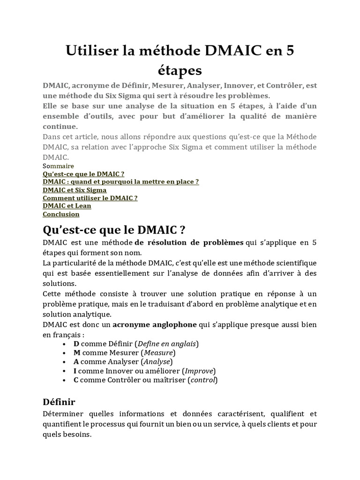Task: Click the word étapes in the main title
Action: pyautogui.click(x=180, y=70)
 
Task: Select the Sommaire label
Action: pyautogui.click(x=58, y=166)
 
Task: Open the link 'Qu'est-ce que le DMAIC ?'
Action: pyautogui.click(x=83, y=174)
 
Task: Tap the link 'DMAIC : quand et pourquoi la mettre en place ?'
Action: pyautogui.click(x=121, y=182)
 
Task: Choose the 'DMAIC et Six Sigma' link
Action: pyautogui.click(x=75, y=190)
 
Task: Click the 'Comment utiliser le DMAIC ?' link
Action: pyautogui.click(x=90, y=198)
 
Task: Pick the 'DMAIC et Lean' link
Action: pyautogui.click(x=67, y=206)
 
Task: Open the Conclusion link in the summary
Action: pyautogui.click(x=61, y=214)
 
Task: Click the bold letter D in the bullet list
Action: pyautogui.click(x=76, y=344)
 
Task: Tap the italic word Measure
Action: pyautogui.click(x=158, y=352)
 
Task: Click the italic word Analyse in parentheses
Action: pyautogui.click(x=157, y=362)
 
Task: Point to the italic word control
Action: pyautogui.click(x=202, y=380)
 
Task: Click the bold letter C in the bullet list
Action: pyautogui.click(x=76, y=380)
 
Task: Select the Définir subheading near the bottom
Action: pyautogui.click(x=59, y=402)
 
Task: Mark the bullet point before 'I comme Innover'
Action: pyautogui.click(x=63, y=371)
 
